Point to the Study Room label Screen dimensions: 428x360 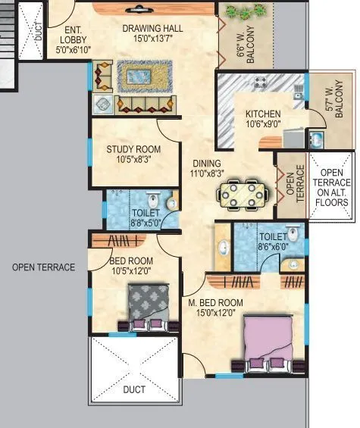[x=133, y=155]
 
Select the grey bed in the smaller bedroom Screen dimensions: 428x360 [x=146, y=307]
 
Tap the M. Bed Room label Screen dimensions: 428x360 [x=216, y=308]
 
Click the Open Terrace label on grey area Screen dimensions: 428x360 [x=44, y=267]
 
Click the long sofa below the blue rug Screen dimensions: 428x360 [x=146, y=104]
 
